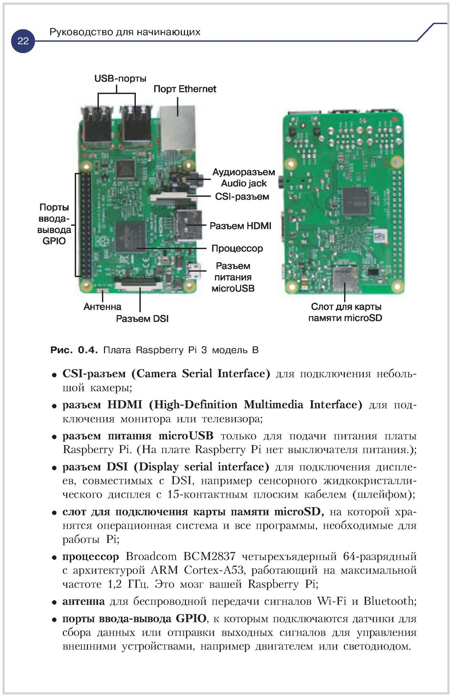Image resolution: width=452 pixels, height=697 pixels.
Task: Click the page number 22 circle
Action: click(x=23, y=41)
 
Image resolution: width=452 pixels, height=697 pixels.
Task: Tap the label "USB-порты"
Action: click(x=120, y=78)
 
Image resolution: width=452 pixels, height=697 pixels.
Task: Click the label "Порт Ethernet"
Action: click(x=185, y=89)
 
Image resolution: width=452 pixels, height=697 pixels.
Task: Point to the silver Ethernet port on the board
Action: click(x=177, y=129)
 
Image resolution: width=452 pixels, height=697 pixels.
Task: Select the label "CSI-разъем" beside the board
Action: click(x=242, y=197)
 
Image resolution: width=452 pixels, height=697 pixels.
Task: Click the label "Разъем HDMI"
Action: click(x=240, y=226)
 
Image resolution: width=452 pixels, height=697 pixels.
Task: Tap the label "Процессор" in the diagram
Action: click(x=237, y=248)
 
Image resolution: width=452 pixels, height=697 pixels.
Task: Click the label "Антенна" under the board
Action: click(x=102, y=307)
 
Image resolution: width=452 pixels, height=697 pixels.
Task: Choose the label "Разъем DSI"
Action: click(x=142, y=319)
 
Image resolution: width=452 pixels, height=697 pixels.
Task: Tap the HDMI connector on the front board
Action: click(x=188, y=225)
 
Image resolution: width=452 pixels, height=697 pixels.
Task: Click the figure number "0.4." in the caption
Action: click(x=88, y=350)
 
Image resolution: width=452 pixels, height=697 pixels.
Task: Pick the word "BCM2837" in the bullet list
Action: click(x=209, y=556)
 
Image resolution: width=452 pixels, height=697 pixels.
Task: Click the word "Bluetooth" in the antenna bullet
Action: click(x=389, y=601)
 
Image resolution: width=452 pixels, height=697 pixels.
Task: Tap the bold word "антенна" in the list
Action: click(x=84, y=601)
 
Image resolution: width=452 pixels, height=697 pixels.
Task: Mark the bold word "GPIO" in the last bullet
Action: click(x=191, y=619)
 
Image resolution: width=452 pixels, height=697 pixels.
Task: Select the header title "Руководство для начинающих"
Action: click(x=125, y=32)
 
